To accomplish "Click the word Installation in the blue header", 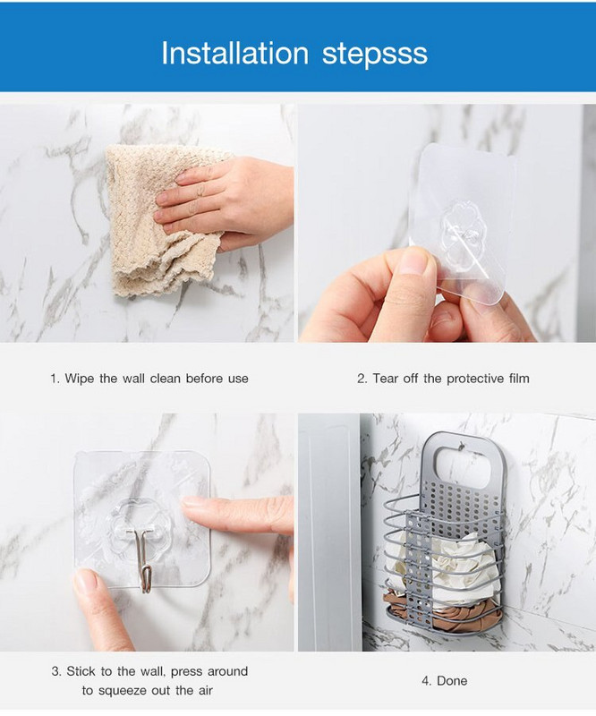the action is click(x=234, y=53).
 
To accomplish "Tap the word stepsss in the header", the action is click(x=374, y=55).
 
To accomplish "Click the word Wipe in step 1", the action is click(x=80, y=379).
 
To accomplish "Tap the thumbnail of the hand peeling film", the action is click(x=447, y=223).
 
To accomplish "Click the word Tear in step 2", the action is click(x=385, y=379).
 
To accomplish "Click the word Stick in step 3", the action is click(x=81, y=671).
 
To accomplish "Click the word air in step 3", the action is click(x=206, y=690).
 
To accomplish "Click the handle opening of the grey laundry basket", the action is click(x=464, y=466).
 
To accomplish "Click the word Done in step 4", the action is click(x=452, y=681).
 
